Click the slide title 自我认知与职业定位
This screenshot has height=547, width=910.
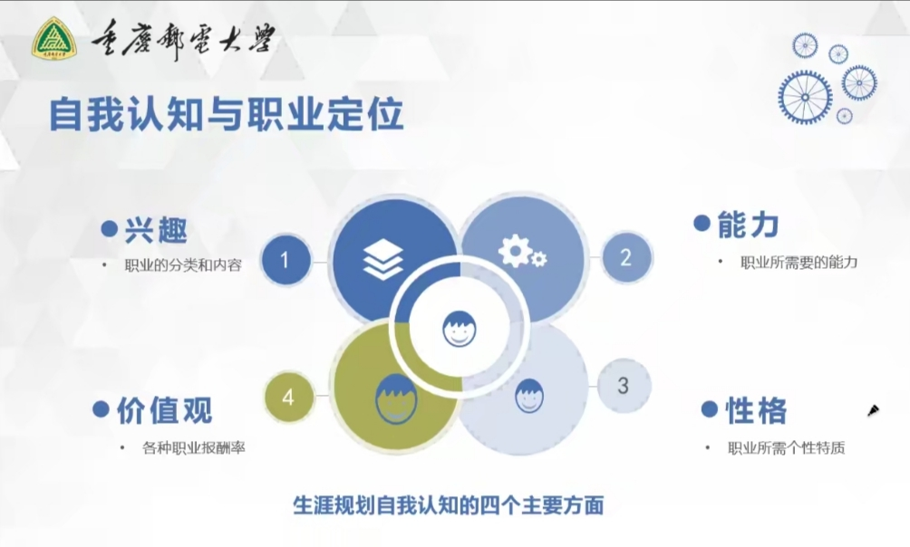(227, 114)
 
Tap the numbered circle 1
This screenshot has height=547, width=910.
(285, 260)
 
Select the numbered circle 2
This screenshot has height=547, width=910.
(625, 257)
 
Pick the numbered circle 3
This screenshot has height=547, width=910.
(624, 386)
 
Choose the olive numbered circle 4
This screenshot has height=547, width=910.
(288, 398)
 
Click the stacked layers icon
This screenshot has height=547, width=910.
(382, 259)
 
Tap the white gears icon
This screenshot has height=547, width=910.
(522, 253)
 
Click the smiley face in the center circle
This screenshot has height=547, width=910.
(459, 328)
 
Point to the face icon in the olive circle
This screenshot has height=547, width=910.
(396, 399)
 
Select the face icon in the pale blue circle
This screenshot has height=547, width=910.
(529, 396)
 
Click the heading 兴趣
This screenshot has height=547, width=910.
(156, 230)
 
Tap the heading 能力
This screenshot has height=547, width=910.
(748, 225)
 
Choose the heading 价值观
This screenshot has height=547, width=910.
(165, 410)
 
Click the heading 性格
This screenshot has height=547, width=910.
(756, 410)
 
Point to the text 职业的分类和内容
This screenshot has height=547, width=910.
(183, 265)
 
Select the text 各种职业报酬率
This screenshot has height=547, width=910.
(194, 447)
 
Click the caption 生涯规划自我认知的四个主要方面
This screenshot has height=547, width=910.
(448, 504)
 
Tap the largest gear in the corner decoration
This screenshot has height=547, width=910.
(805, 98)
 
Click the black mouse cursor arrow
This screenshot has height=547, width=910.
(874, 410)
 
